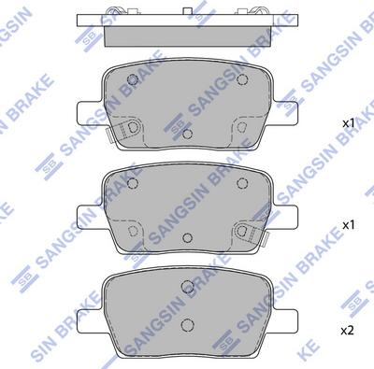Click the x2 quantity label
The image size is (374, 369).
pyautogui.click(x=348, y=331)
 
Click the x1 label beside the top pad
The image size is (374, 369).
pyautogui.click(x=349, y=123)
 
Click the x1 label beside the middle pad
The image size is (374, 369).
pyautogui.click(x=349, y=225)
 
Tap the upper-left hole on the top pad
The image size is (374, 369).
pyautogui.click(x=134, y=79)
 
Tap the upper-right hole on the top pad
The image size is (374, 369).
pyautogui.click(x=241, y=79)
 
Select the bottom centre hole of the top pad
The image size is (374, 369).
pyautogui.click(x=187, y=135)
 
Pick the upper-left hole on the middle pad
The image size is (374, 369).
pyautogui.click(x=134, y=183)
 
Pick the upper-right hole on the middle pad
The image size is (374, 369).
pyautogui.click(x=241, y=183)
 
